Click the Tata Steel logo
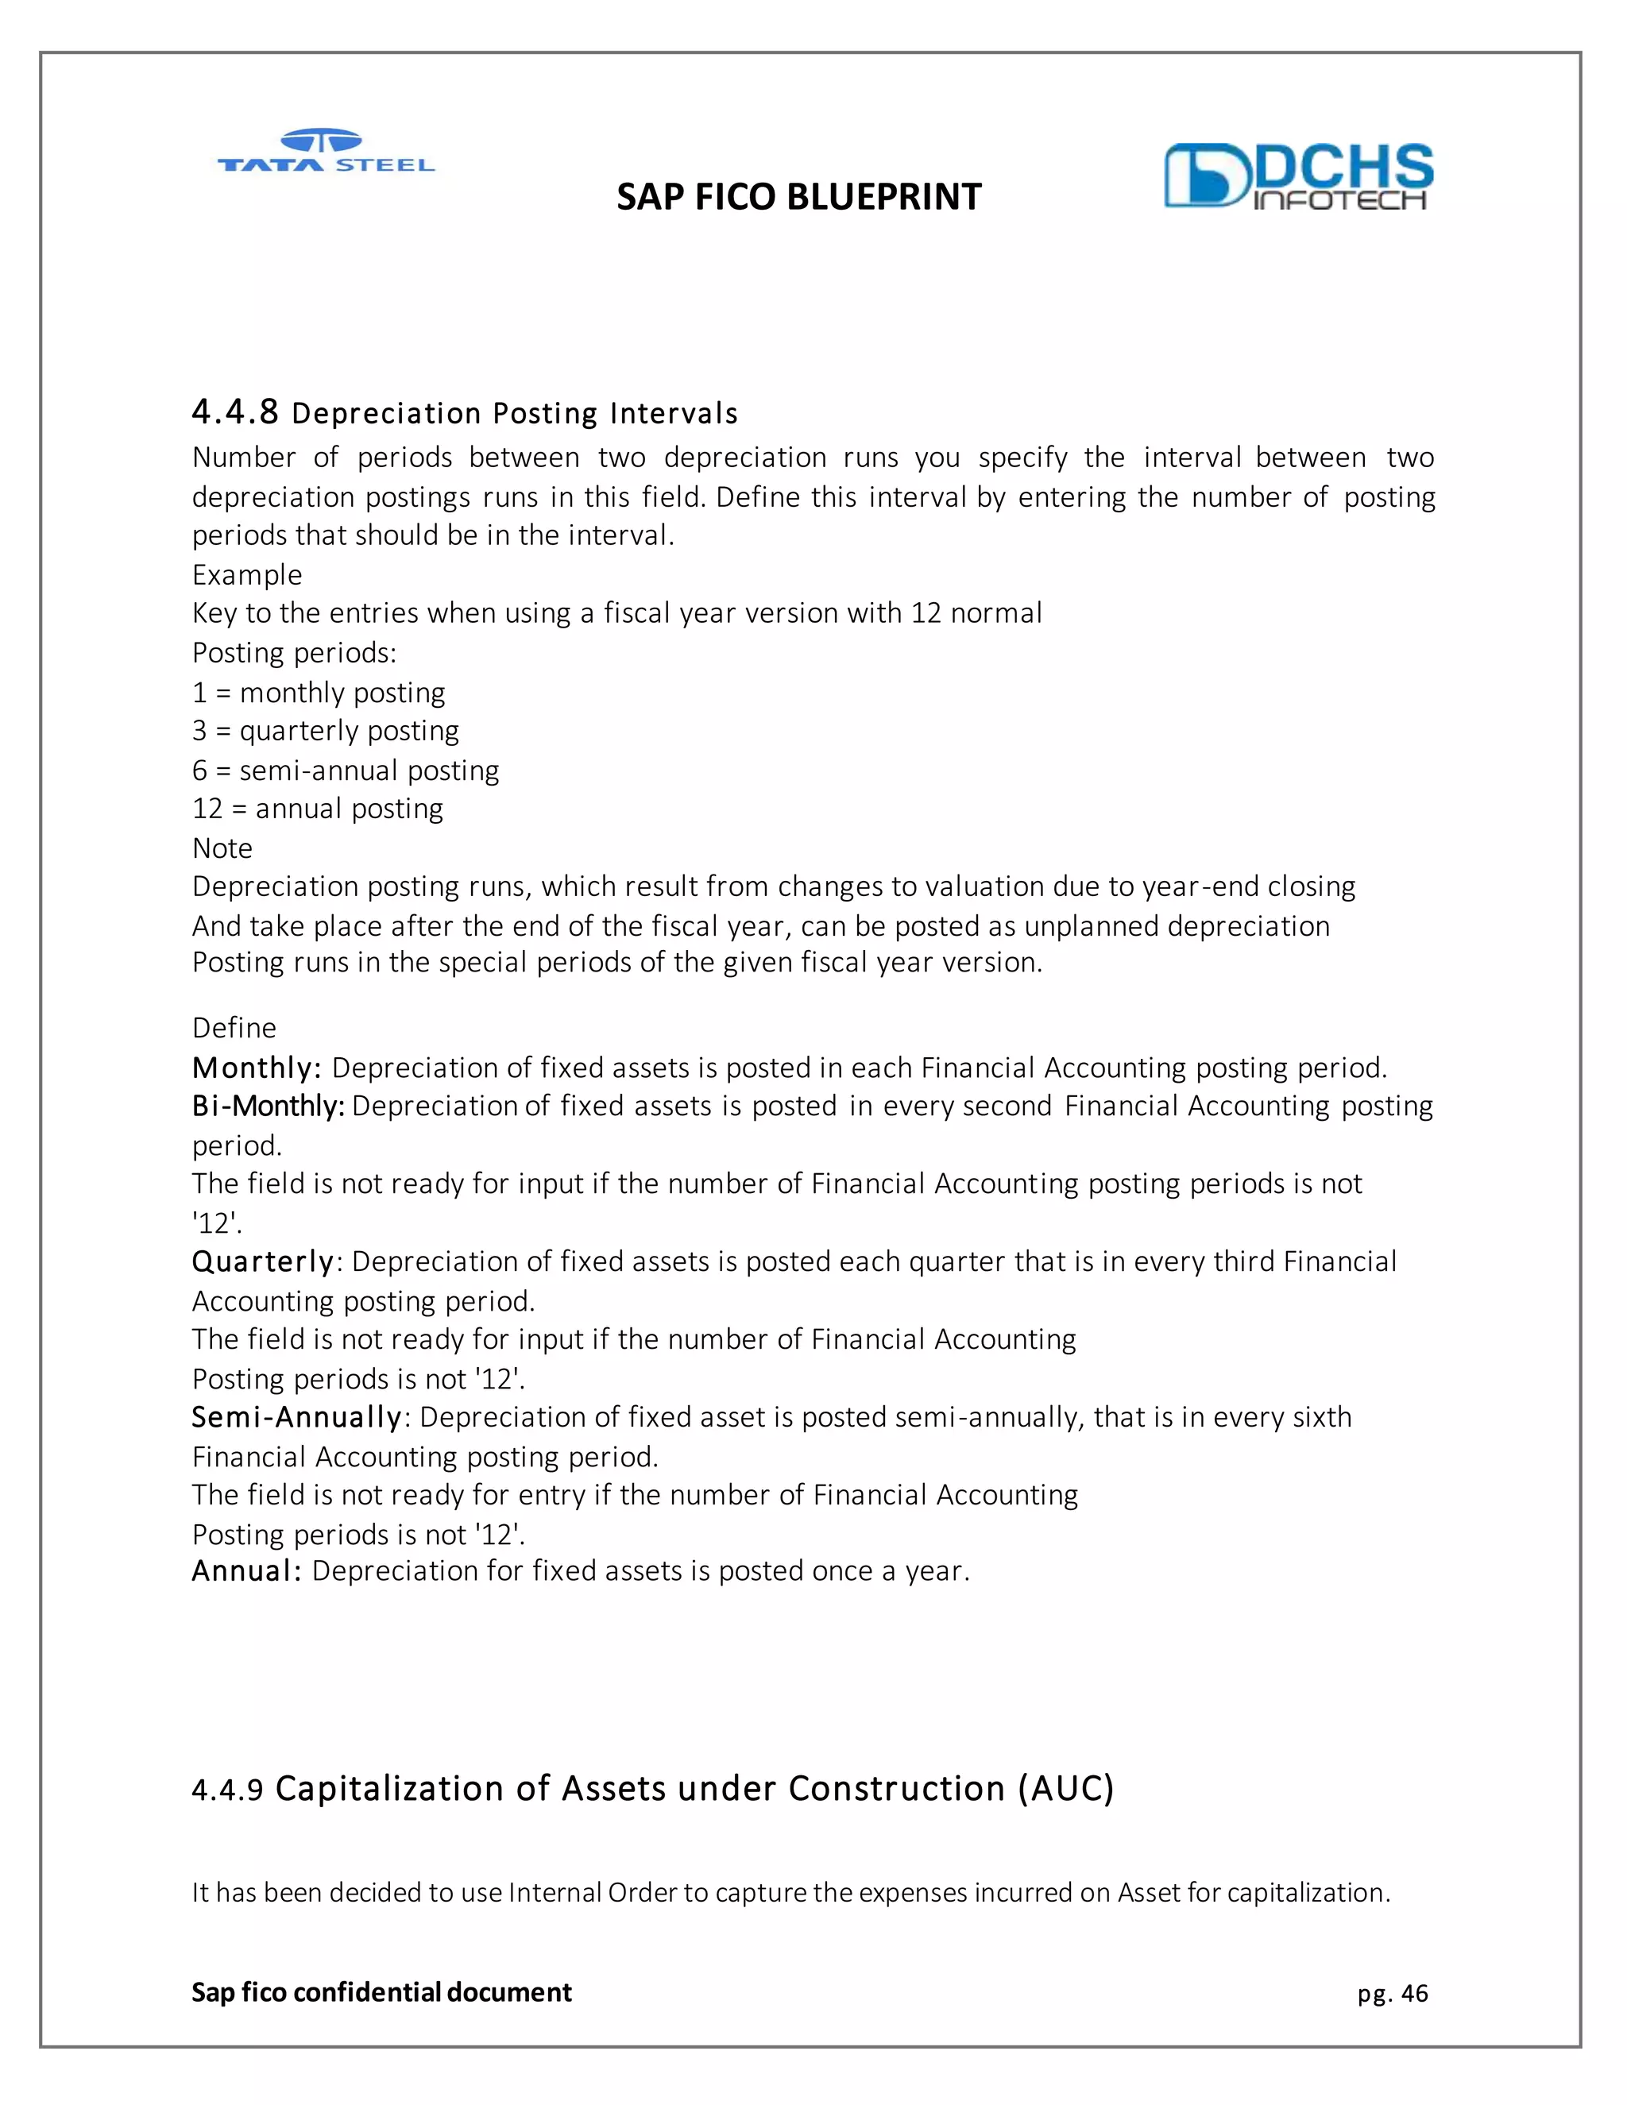pyautogui.click(x=326, y=153)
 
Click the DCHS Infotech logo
pyautogui.click(x=1297, y=176)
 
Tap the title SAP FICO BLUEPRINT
pyautogui.click(x=798, y=198)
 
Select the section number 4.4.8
pyautogui.click(x=234, y=412)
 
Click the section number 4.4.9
pyautogui.click(x=226, y=1790)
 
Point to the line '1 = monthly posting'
pyautogui.click(x=318, y=692)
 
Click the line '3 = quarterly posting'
pyautogui.click(x=325, y=731)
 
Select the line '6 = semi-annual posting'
pyautogui.click(x=345, y=770)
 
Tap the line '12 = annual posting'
pyautogui.click(x=317, y=809)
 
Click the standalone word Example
pyautogui.click(x=247, y=574)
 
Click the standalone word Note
pyautogui.click(x=222, y=848)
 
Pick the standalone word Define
pyautogui.click(x=234, y=1027)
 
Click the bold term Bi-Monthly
pyautogui.click(x=267, y=1106)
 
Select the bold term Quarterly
pyautogui.click(x=262, y=1261)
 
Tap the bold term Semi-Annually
pyautogui.click(x=296, y=1417)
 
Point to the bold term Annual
pyautogui.click(x=245, y=1571)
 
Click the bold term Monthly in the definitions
pyautogui.click(x=254, y=1068)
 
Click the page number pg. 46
pyautogui.click(x=1392, y=1993)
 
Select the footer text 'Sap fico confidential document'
pyautogui.click(x=381, y=1992)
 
